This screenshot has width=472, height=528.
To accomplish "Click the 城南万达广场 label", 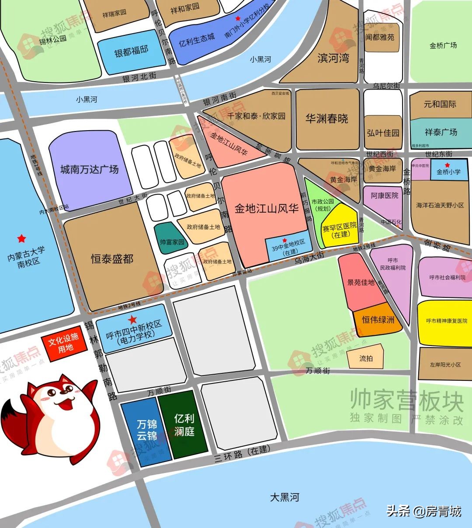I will pos(90,169).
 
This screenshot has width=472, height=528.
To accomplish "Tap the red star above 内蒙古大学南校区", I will pos(21,238).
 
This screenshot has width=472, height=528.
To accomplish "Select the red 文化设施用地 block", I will pos(63,343).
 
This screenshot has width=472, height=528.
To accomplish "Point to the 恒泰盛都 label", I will pos(112,259).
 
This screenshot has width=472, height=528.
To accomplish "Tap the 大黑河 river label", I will pos(285,497).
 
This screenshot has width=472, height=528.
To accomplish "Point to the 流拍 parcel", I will pos(366,358).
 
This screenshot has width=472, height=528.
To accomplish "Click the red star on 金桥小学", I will pos(447,165).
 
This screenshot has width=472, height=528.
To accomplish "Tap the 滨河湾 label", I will pos(333,58).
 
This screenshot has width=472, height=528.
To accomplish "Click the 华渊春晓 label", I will pos(326,118).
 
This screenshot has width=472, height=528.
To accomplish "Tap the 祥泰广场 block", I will pos(441,132).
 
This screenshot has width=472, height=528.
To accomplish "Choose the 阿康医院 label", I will pos(385,196).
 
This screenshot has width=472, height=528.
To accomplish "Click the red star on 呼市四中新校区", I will pos(132,320).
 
